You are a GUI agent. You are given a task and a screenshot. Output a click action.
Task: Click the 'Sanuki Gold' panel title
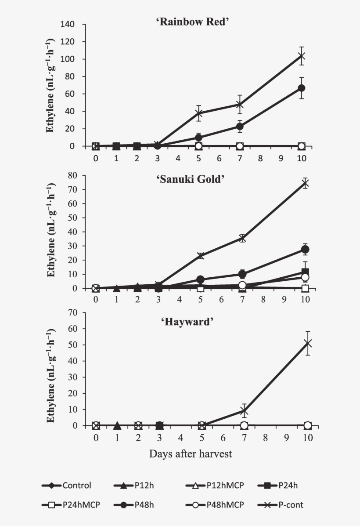tap(194, 179)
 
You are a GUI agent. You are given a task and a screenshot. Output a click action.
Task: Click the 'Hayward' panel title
tap(193, 321)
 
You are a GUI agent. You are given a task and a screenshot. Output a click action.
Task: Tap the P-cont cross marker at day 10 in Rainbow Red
tap(301, 56)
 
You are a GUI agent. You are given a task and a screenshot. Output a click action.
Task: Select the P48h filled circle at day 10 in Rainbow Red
tap(301, 88)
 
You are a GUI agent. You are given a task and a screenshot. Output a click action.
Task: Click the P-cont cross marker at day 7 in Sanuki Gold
tap(242, 238)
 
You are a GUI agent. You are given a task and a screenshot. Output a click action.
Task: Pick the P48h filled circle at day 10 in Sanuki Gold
tap(305, 249)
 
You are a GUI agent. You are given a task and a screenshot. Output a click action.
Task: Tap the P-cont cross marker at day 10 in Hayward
tap(308, 343)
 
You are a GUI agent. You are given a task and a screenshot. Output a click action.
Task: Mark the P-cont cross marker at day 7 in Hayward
tap(244, 411)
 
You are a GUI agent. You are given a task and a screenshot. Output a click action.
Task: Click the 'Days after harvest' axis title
tap(191, 453)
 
